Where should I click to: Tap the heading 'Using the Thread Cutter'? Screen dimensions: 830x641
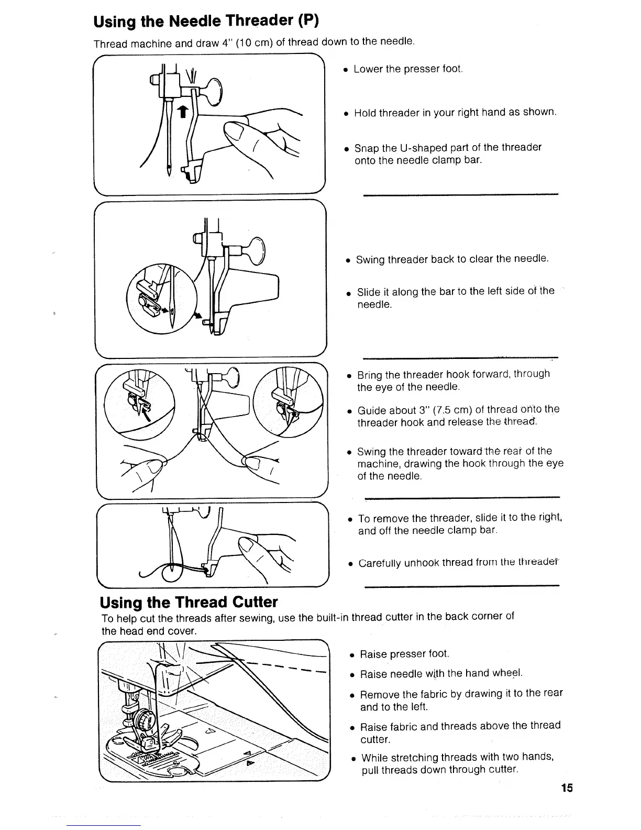click(x=189, y=602)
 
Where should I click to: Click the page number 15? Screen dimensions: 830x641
click(x=566, y=788)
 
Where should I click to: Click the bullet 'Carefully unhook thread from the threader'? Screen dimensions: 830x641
click(x=456, y=563)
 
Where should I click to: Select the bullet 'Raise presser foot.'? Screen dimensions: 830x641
click(x=404, y=654)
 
